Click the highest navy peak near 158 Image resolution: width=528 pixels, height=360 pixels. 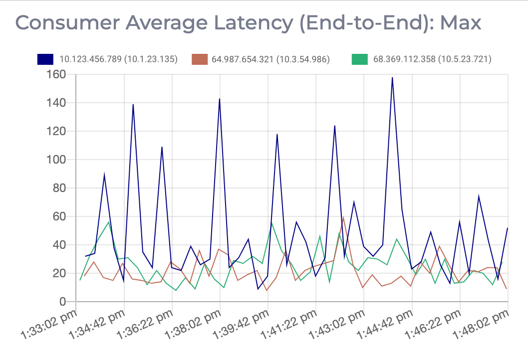pyautogui.click(x=392, y=77)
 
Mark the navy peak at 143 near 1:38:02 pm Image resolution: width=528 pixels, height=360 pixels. pyautogui.click(x=220, y=99)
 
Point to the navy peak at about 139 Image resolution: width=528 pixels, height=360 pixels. pyautogui.click(x=133, y=104)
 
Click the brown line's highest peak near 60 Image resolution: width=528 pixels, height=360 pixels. pyautogui.click(x=343, y=217)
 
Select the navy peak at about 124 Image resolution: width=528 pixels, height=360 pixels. pyautogui.click(x=334, y=126)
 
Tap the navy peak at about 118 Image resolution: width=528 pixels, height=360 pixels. pyautogui.click(x=277, y=134)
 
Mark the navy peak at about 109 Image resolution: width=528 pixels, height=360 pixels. pyautogui.click(x=162, y=147)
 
